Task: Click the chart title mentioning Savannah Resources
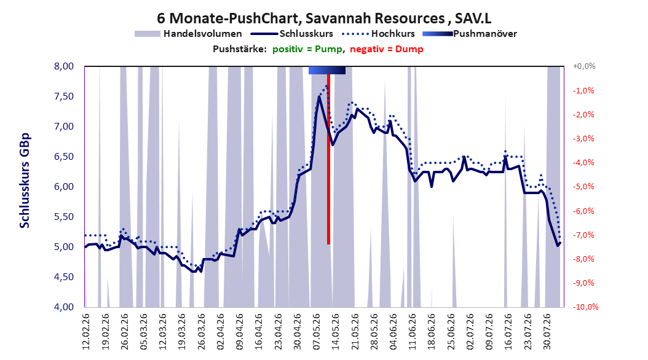tap(324, 18)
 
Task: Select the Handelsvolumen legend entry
tap(188, 34)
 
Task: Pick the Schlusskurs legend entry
tap(292, 34)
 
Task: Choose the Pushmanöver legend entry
tap(470, 34)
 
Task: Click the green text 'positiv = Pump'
tap(307, 49)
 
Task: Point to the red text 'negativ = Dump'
tap(387, 49)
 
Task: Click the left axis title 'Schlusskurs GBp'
tap(25, 181)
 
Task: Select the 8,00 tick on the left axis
tap(64, 66)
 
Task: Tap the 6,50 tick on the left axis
tap(64, 157)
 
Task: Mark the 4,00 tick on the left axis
tap(64, 307)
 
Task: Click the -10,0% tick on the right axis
tap(585, 307)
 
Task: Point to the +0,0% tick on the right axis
tap(584, 66)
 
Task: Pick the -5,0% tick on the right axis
tap(583, 187)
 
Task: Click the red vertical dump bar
tap(328, 159)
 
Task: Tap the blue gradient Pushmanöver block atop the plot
tap(327, 70)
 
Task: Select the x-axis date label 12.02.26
tap(86, 332)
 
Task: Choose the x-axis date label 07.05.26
tap(317, 332)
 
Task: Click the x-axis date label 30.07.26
tap(547, 332)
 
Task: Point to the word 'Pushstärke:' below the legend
tap(240, 49)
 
